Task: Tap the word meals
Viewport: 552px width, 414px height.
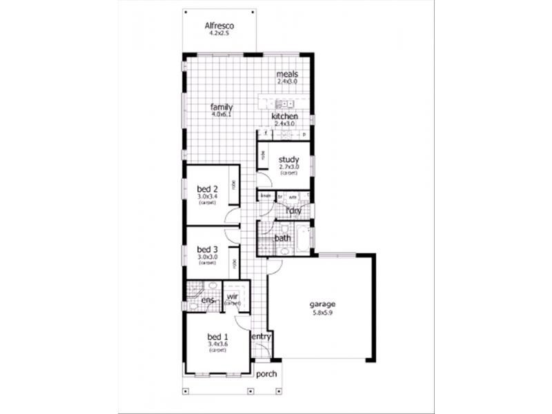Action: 286,74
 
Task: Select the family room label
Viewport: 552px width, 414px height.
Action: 221,108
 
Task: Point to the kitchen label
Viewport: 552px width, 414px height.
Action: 284,117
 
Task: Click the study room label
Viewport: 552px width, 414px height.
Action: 288,159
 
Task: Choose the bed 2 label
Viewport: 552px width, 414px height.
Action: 207,189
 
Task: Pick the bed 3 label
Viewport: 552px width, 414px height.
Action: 207,249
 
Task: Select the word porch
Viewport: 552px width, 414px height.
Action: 266,374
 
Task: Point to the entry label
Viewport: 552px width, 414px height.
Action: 261,336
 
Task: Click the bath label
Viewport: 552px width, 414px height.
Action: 283,239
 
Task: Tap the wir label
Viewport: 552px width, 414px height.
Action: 232,297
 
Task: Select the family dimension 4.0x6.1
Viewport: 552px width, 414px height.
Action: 221,115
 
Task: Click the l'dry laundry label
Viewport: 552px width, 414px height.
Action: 293,209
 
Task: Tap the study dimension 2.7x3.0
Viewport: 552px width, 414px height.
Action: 288,167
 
